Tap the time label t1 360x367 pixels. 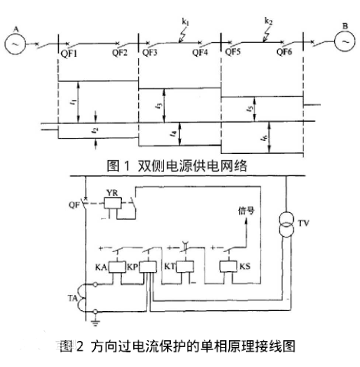pyautogui.click(x=82, y=100)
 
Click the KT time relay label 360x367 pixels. pyautogui.click(x=172, y=269)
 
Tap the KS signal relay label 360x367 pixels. pyautogui.click(x=246, y=270)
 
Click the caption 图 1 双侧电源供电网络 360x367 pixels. pyautogui.click(x=178, y=164)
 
